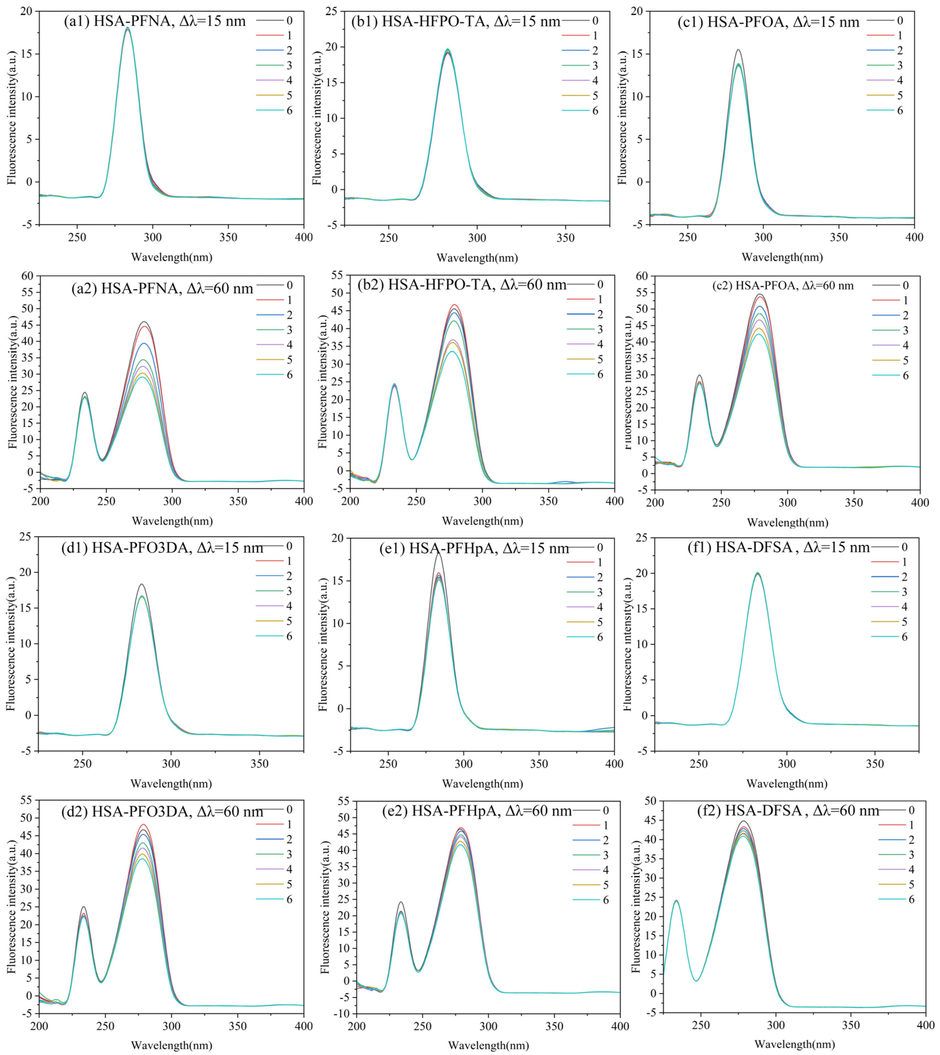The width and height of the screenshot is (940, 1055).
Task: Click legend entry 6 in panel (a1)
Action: pyautogui.click(x=290, y=111)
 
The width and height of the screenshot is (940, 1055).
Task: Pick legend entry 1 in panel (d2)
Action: pyautogui.click(x=289, y=825)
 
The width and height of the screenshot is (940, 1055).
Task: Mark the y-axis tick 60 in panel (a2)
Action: pyautogui.click(x=26, y=276)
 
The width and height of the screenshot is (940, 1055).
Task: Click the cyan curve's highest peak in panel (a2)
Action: pyautogui.click(x=144, y=377)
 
